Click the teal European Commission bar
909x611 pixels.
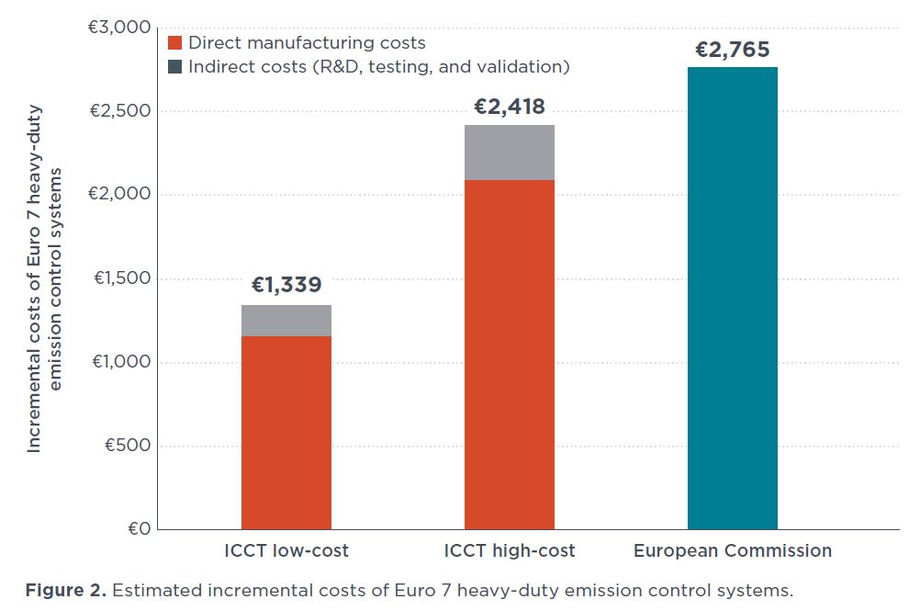[732, 298]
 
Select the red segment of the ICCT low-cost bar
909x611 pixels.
[286, 433]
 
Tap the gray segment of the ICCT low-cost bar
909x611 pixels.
[286, 321]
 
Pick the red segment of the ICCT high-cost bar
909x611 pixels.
[509, 355]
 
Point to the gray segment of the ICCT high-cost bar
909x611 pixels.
[509, 153]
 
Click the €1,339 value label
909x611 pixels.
[286, 286]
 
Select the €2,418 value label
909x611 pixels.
[509, 107]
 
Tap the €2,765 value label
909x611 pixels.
[732, 50]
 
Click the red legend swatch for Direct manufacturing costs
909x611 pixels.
[175, 42]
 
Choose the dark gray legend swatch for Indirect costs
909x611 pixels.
[175, 67]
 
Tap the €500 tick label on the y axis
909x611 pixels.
[126, 446]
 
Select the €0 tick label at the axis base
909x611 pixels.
[138, 529]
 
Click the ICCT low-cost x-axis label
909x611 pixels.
[286, 551]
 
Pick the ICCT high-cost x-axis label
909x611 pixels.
[509, 551]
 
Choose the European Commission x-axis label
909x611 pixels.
[732, 551]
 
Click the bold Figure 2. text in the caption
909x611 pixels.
[64, 590]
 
